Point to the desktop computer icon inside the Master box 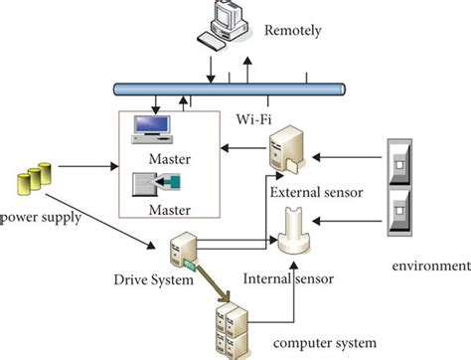click(154, 128)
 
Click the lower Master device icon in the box click(154, 183)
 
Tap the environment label click(430, 266)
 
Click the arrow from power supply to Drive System click(110, 223)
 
